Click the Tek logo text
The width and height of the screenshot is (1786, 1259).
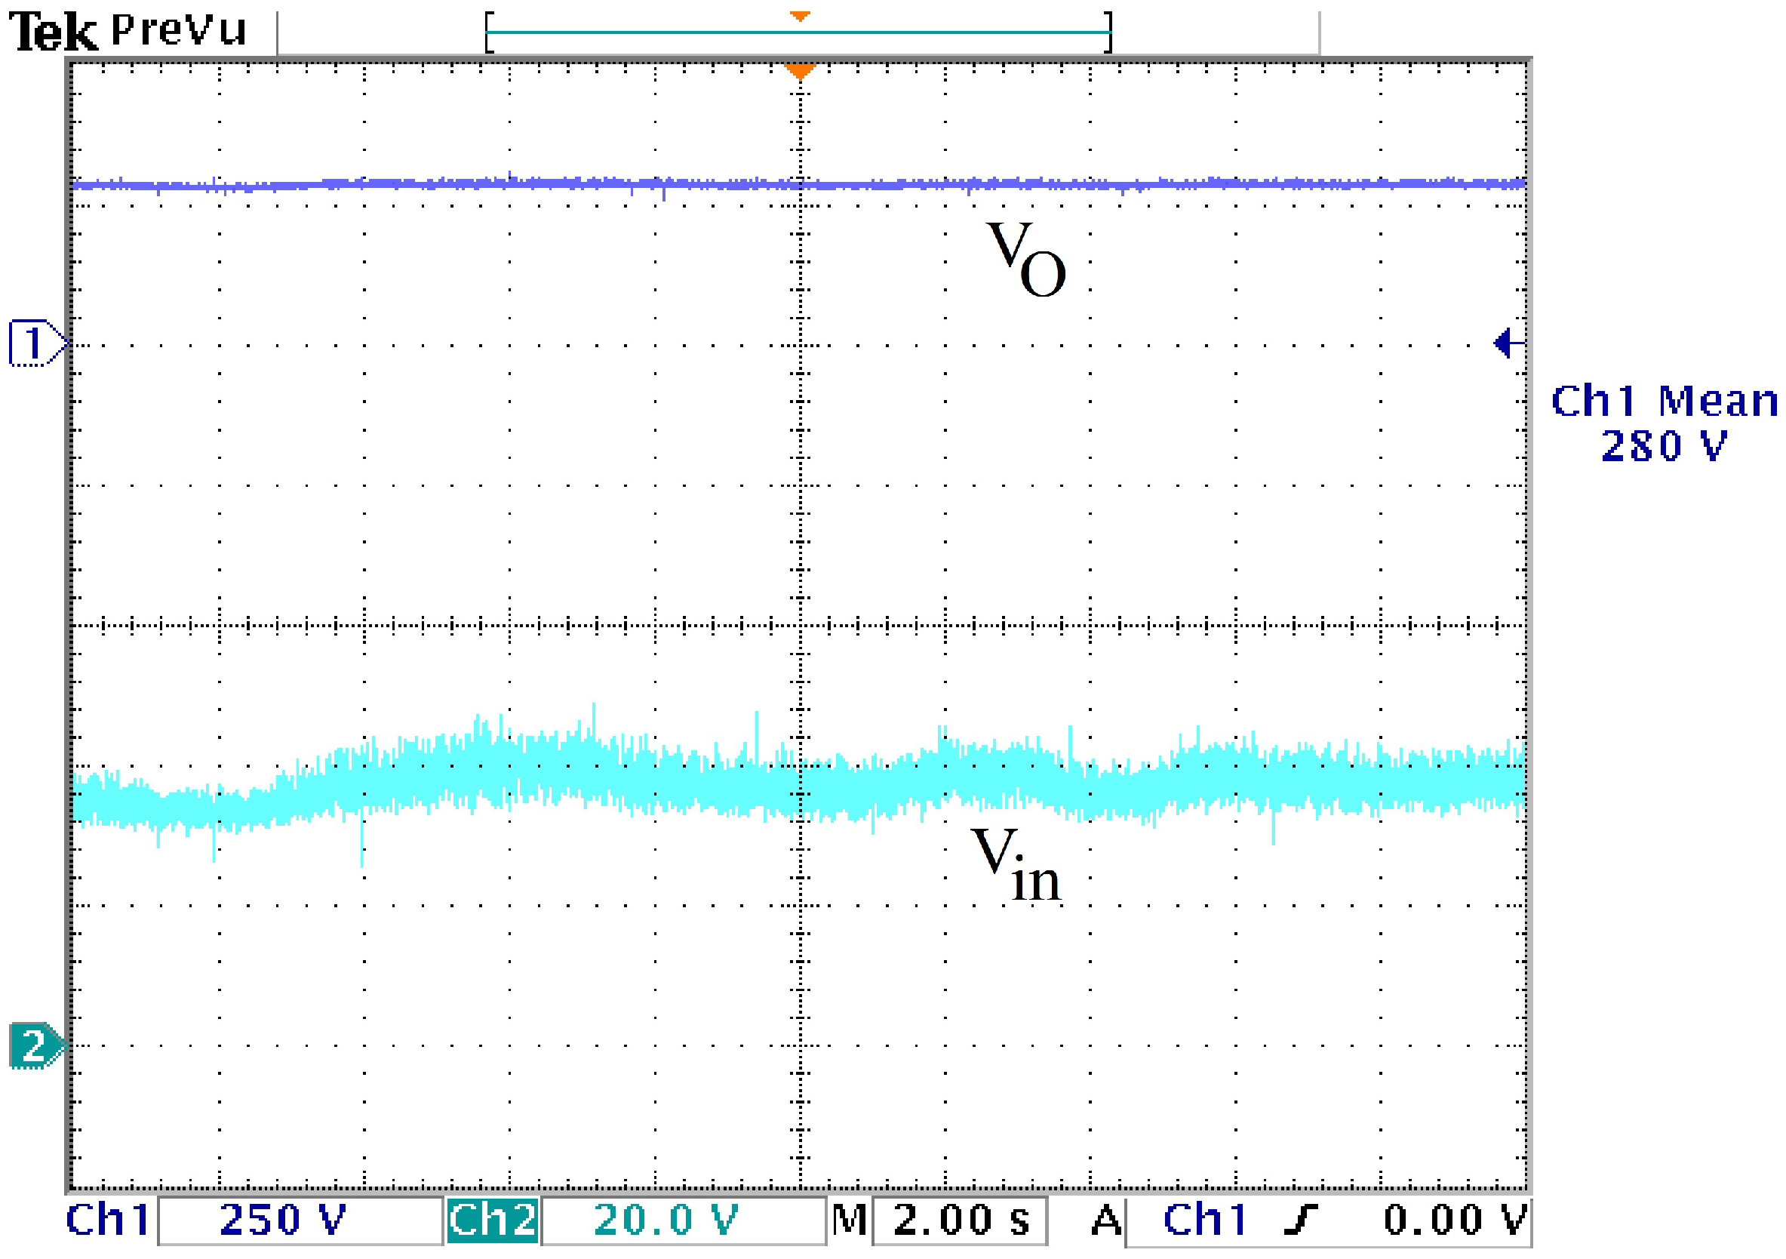[x=53, y=32]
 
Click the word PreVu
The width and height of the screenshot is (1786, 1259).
[x=178, y=30]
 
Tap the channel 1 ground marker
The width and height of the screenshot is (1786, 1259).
[x=35, y=343]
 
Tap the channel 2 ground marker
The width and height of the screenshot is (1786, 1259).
[x=35, y=1045]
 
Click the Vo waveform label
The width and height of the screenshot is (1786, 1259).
[x=1025, y=258]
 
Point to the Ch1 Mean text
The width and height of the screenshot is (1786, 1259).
[x=1664, y=402]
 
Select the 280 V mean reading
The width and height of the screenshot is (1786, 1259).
[x=1664, y=446]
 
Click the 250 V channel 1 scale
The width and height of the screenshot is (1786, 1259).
[x=283, y=1219]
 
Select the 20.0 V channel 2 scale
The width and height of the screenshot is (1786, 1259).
[x=666, y=1219]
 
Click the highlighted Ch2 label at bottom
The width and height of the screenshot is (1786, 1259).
[x=493, y=1219]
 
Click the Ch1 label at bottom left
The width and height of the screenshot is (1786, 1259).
[x=108, y=1219]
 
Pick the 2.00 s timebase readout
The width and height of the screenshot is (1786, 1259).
[x=961, y=1219]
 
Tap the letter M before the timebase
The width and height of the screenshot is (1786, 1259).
[x=849, y=1219]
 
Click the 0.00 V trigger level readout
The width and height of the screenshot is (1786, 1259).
[x=1455, y=1219]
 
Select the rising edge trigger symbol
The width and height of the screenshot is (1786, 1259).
[x=1302, y=1219]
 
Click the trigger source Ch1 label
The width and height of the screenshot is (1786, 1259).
[x=1205, y=1219]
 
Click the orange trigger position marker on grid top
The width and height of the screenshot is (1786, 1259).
[x=800, y=72]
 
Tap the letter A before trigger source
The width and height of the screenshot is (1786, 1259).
[x=1106, y=1219]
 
